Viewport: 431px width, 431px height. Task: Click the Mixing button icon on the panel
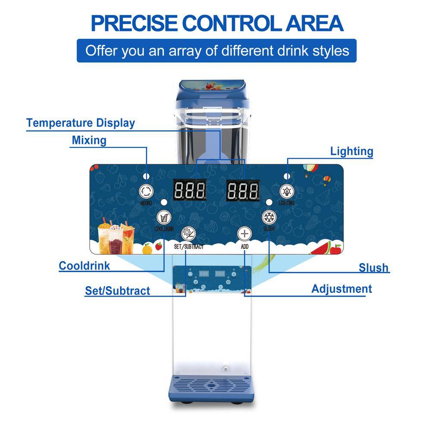(x=146, y=191)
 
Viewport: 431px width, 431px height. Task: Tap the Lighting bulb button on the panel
(x=287, y=191)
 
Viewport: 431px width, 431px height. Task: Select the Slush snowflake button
(x=269, y=217)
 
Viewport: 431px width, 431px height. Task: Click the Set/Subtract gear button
(x=189, y=234)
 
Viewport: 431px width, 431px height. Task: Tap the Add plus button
(x=244, y=234)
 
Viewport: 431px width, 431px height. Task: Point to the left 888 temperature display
(x=190, y=190)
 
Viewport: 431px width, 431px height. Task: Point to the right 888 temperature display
(x=243, y=190)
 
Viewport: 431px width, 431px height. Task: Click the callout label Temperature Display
(x=81, y=123)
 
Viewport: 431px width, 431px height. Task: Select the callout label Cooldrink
(x=84, y=266)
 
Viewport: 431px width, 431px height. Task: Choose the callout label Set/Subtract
(x=118, y=291)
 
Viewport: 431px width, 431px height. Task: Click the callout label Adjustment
(x=342, y=289)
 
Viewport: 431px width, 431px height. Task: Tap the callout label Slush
(x=374, y=268)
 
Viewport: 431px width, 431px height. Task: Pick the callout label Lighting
(x=352, y=151)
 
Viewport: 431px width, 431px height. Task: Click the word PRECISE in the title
(x=134, y=23)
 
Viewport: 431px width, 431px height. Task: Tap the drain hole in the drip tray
(x=211, y=385)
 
